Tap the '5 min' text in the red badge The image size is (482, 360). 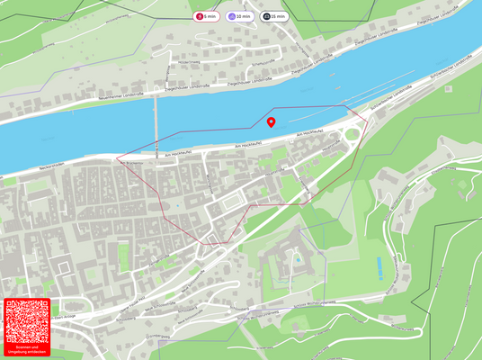click(x=210, y=16)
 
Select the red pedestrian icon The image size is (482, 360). click(x=199, y=16)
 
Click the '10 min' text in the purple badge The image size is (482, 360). click(x=243, y=16)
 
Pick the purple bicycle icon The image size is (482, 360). click(x=232, y=16)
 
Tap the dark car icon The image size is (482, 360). click(x=266, y=16)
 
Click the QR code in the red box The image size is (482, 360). click(x=26, y=321)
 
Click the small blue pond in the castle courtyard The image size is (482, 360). click(x=298, y=259)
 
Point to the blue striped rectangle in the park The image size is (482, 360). click(x=379, y=266)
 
